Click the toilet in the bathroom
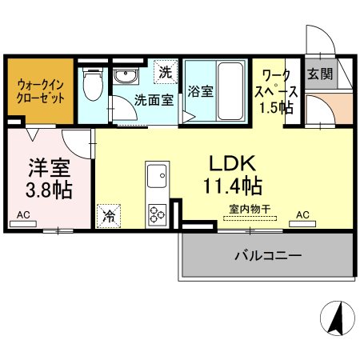coord(93,83)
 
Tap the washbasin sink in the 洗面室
coord(126,76)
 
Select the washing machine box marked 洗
coord(166,72)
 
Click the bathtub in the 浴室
coord(230,91)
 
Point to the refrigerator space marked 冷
coord(109,216)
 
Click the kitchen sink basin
coord(157,176)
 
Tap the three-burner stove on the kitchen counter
coord(158,214)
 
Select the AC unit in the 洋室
coord(23,224)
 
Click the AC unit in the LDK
coord(302,224)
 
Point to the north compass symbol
coord(338,318)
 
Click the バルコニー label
coord(268,255)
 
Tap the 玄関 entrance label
coord(320,74)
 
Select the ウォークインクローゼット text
coord(40,92)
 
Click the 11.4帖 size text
coord(233,186)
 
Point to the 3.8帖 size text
coord(49,190)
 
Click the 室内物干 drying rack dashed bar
coord(250,218)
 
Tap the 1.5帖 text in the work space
coord(277,108)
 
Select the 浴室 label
coord(201,91)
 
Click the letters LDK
coord(233,163)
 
